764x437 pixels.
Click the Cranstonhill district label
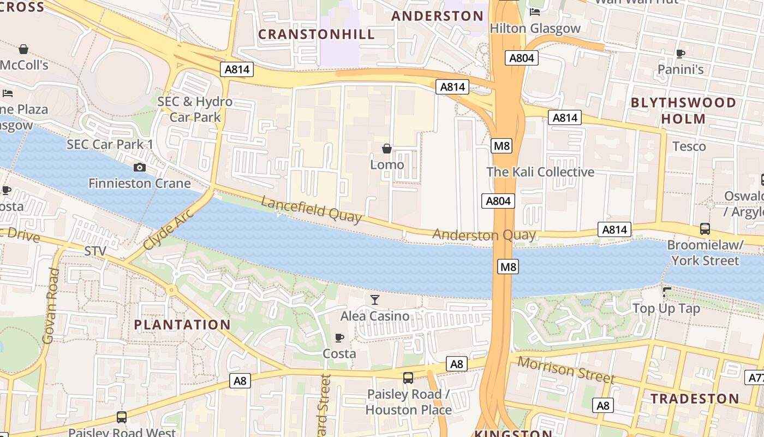pos(317,34)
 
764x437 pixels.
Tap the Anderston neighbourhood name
pos(438,16)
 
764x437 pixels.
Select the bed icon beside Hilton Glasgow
pos(535,12)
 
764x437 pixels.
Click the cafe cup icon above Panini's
pos(681,54)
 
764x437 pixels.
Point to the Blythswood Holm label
pos(683,110)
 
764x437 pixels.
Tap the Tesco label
pos(689,146)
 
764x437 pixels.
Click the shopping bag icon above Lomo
pos(387,149)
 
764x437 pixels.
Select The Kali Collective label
pos(540,172)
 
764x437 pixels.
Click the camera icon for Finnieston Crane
pos(140,167)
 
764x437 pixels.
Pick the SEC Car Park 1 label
pos(110,145)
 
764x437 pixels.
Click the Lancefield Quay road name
pos(311,210)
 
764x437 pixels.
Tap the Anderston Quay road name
pos(484,235)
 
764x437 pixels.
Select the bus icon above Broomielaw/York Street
pos(705,229)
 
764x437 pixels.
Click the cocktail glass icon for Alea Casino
pos(375,300)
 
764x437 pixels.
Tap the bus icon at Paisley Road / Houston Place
pos(408,378)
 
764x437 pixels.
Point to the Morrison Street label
pos(566,370)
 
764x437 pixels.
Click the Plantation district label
pos(182,325)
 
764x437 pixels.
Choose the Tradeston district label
pos(694,399)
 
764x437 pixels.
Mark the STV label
pos(95,251)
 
